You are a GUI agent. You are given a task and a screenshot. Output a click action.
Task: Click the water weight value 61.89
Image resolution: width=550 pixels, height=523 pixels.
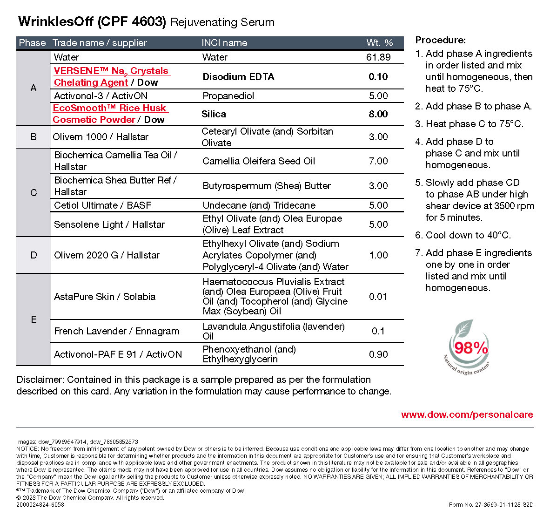pos(378,57)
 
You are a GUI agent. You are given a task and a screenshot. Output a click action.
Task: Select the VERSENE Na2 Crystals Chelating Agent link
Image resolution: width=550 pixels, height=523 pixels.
pos(112,77)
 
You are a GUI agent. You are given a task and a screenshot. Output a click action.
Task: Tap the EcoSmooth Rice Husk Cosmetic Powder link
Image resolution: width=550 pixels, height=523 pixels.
pos(110,114)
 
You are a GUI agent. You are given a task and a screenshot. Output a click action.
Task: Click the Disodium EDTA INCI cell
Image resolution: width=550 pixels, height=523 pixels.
pos(238,77)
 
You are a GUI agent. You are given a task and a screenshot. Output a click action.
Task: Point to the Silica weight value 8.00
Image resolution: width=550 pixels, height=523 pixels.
pos(378,114)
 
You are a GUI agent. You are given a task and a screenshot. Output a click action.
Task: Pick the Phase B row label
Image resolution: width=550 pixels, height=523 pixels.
pos(34,137)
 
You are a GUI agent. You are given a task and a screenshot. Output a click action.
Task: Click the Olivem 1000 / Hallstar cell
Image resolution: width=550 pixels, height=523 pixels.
pos(101,137)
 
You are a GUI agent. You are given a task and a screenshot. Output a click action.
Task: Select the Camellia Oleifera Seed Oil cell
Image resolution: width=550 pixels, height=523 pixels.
pos(259,161)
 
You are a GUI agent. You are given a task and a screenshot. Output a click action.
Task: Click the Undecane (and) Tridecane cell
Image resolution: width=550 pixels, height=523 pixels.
pos(259,205)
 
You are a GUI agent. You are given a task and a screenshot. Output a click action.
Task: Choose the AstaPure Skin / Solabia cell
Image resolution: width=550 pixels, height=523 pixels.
pos(105,297)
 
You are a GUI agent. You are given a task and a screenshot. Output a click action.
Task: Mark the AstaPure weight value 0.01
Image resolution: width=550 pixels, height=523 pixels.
pos(378,297)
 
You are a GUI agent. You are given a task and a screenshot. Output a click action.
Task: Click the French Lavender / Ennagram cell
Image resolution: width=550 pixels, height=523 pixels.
pos(117,331)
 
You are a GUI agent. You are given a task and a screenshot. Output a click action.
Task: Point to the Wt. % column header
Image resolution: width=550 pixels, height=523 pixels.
pos(380,43)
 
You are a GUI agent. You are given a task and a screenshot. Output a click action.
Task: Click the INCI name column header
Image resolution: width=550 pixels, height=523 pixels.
pos(224,43)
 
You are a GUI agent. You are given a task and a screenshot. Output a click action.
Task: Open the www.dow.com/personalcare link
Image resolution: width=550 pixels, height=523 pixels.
pos(467,414)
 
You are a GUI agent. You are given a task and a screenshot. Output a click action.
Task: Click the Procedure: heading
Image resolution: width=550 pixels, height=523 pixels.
pos(440,40)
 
